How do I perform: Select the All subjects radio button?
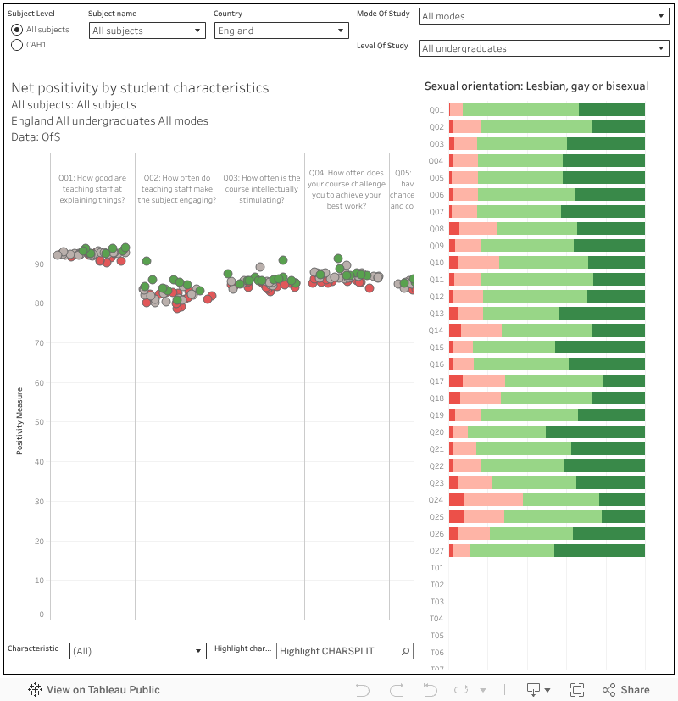[x=17, y=30]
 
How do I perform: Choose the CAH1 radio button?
[x=17, y=45]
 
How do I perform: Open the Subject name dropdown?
[x=147, y=31]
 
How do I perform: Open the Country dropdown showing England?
[x=281, y=31]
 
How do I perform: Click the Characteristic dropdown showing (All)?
[x=138, y=651]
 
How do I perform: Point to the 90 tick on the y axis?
[x=39, y=264]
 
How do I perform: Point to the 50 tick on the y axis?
[x=39, y=422]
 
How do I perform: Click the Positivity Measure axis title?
[x=19, y=421]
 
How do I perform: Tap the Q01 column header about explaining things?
[x=92, y=189]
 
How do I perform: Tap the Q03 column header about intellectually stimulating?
[x=262, y=189]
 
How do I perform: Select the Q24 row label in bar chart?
[x=436, y=500]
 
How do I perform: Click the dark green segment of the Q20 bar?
[x=595, y=432]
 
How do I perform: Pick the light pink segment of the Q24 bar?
[x=493, y=500]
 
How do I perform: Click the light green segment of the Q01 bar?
[x=520, y=110]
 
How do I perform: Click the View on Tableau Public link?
[x=94, y=690]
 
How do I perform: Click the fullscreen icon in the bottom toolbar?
[x=577, y=690]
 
